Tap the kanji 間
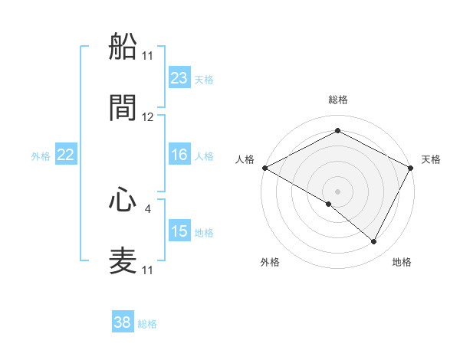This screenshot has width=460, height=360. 123,108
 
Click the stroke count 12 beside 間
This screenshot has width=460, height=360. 148,117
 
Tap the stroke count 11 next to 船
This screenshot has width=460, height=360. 148,56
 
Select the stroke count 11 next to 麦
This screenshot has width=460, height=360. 148,270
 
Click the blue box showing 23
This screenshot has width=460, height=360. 179,77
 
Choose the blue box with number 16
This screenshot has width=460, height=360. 179,155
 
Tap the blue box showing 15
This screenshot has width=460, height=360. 179,231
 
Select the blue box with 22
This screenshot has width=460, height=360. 66,155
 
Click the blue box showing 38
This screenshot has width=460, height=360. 123,322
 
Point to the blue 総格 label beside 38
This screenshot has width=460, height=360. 147,324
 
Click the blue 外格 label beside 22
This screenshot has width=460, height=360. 41,156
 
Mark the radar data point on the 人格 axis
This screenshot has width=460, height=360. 264,168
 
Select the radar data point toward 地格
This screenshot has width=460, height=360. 374,241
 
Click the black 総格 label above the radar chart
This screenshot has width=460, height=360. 337,100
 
